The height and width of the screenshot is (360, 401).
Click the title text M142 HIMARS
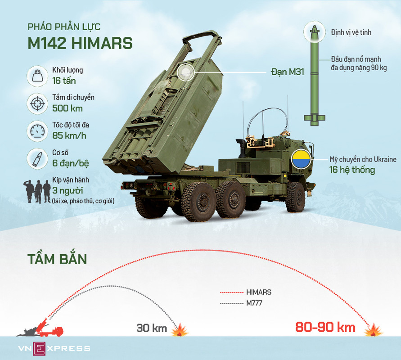(80, 43)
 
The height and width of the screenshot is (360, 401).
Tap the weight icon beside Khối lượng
(37, 76)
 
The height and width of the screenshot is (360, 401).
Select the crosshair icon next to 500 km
(37, 104)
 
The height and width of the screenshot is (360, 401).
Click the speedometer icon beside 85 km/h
(37, 131)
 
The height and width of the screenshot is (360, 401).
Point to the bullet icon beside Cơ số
(37, 159)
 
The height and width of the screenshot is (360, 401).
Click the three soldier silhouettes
(37, 191)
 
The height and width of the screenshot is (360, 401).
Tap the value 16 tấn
(64, 81)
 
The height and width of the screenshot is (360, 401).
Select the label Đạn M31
(288, 72)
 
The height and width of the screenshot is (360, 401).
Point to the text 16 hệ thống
(352, 170)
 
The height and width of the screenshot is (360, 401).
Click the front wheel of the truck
(296, 197)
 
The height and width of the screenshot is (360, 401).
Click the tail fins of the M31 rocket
(315, 120)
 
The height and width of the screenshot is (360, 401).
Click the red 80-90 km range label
(325, 327)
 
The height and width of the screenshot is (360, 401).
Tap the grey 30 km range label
(152, 328)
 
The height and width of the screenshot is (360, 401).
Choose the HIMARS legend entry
(246, 292)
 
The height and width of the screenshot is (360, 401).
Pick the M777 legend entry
(241, 303)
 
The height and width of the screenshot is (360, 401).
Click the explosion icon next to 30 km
(180, 330)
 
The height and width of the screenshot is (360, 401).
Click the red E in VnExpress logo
(39, 349)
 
